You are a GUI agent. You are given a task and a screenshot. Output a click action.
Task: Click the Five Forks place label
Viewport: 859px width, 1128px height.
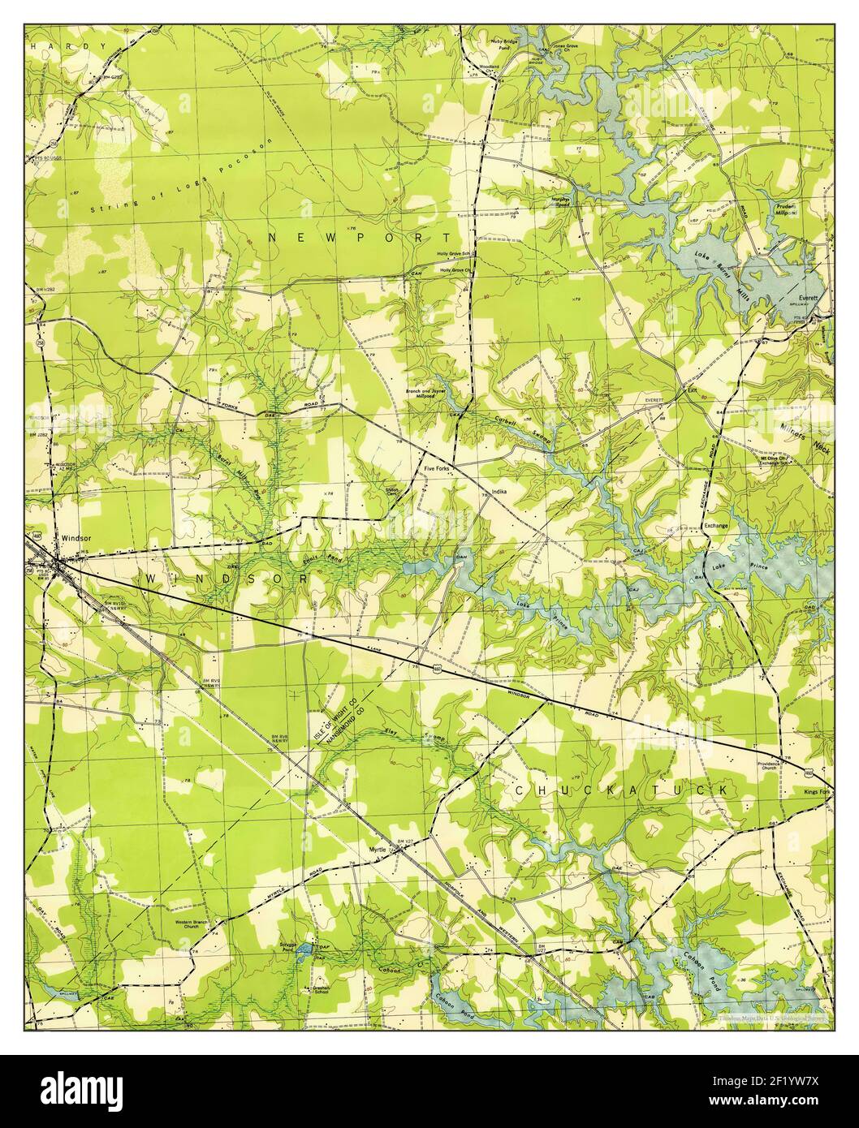[x=437, y=469]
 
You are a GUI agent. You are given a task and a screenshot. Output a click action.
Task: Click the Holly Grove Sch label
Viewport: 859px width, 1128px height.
[x=455, y=254]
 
